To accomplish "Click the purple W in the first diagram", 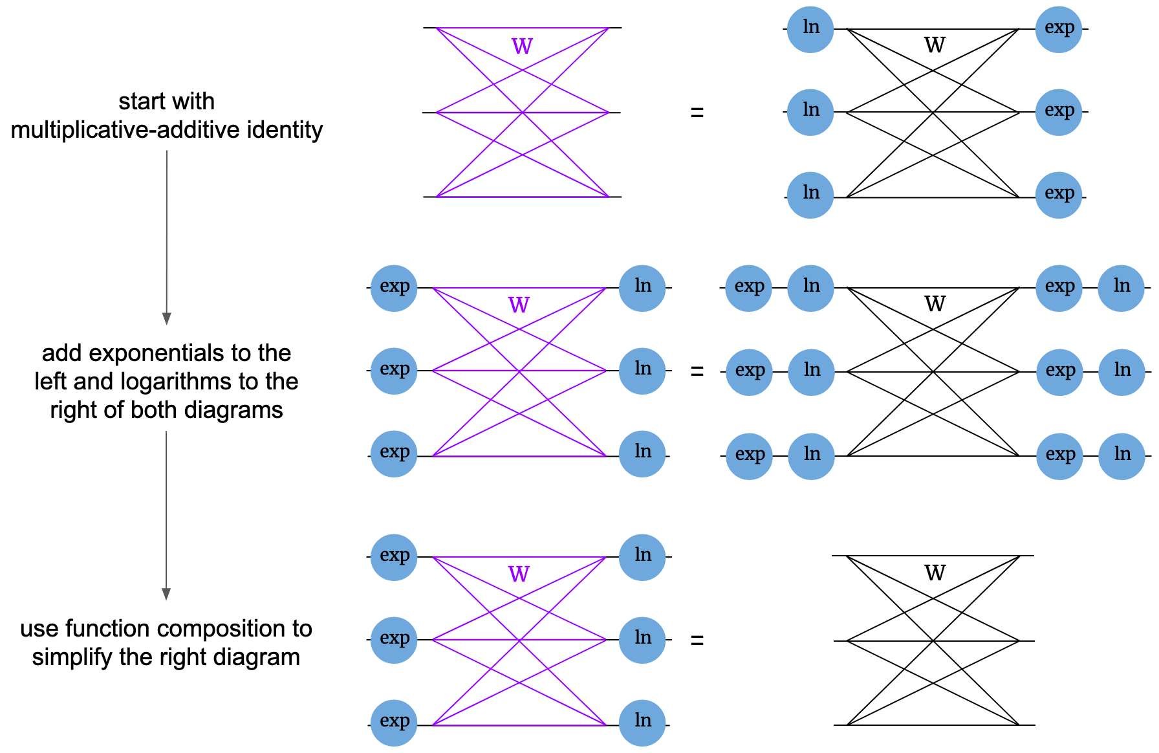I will (x=522, y=47).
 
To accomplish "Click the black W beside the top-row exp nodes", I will (x=935, y=45).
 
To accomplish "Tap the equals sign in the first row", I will (x=697, y=113).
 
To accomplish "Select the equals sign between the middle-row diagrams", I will (x=697, y=371).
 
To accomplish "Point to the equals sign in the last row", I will (x=697, y=640).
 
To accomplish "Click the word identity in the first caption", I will (x=285, y=130).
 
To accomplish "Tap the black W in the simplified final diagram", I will (x=935, y=573).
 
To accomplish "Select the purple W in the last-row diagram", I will (x=519, y=574).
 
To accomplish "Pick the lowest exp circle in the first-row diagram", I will (x=1059, y=195).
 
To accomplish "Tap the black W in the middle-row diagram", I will (x=935, y=304).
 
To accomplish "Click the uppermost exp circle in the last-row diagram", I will (x=394, y=557).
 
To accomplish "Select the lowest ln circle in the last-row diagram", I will (x=642, y=723).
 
